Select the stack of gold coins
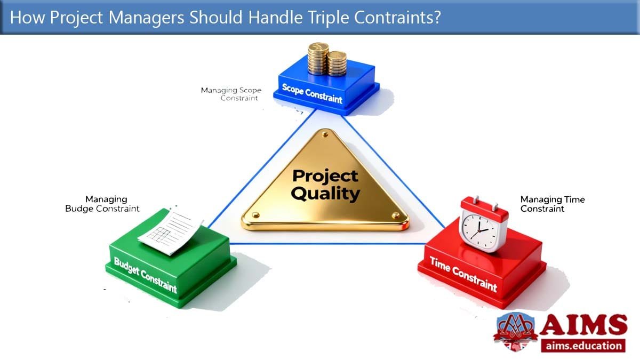click(x=327, y=59)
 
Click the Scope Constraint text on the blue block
click(x=312, y=93)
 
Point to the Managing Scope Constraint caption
click(x=231, y=94)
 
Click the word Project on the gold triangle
click(x=325, y=176)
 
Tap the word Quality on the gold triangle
click(x=325, y=194)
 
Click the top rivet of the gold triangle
click(x=325, y=134)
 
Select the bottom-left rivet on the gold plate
click(x=255, y=215)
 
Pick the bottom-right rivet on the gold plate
click(x=396, y=215)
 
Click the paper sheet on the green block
click(x=171, y=231)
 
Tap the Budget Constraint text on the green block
click(x=146, y=275)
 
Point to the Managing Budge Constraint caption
click(x=102, y=204)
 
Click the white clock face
click(x=479, y=231)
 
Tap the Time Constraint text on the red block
click(x=463, y=274)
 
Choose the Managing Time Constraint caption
click(x=553, y=204)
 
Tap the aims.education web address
click(x=583, y=346)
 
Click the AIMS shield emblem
click(x=515, y=332)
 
